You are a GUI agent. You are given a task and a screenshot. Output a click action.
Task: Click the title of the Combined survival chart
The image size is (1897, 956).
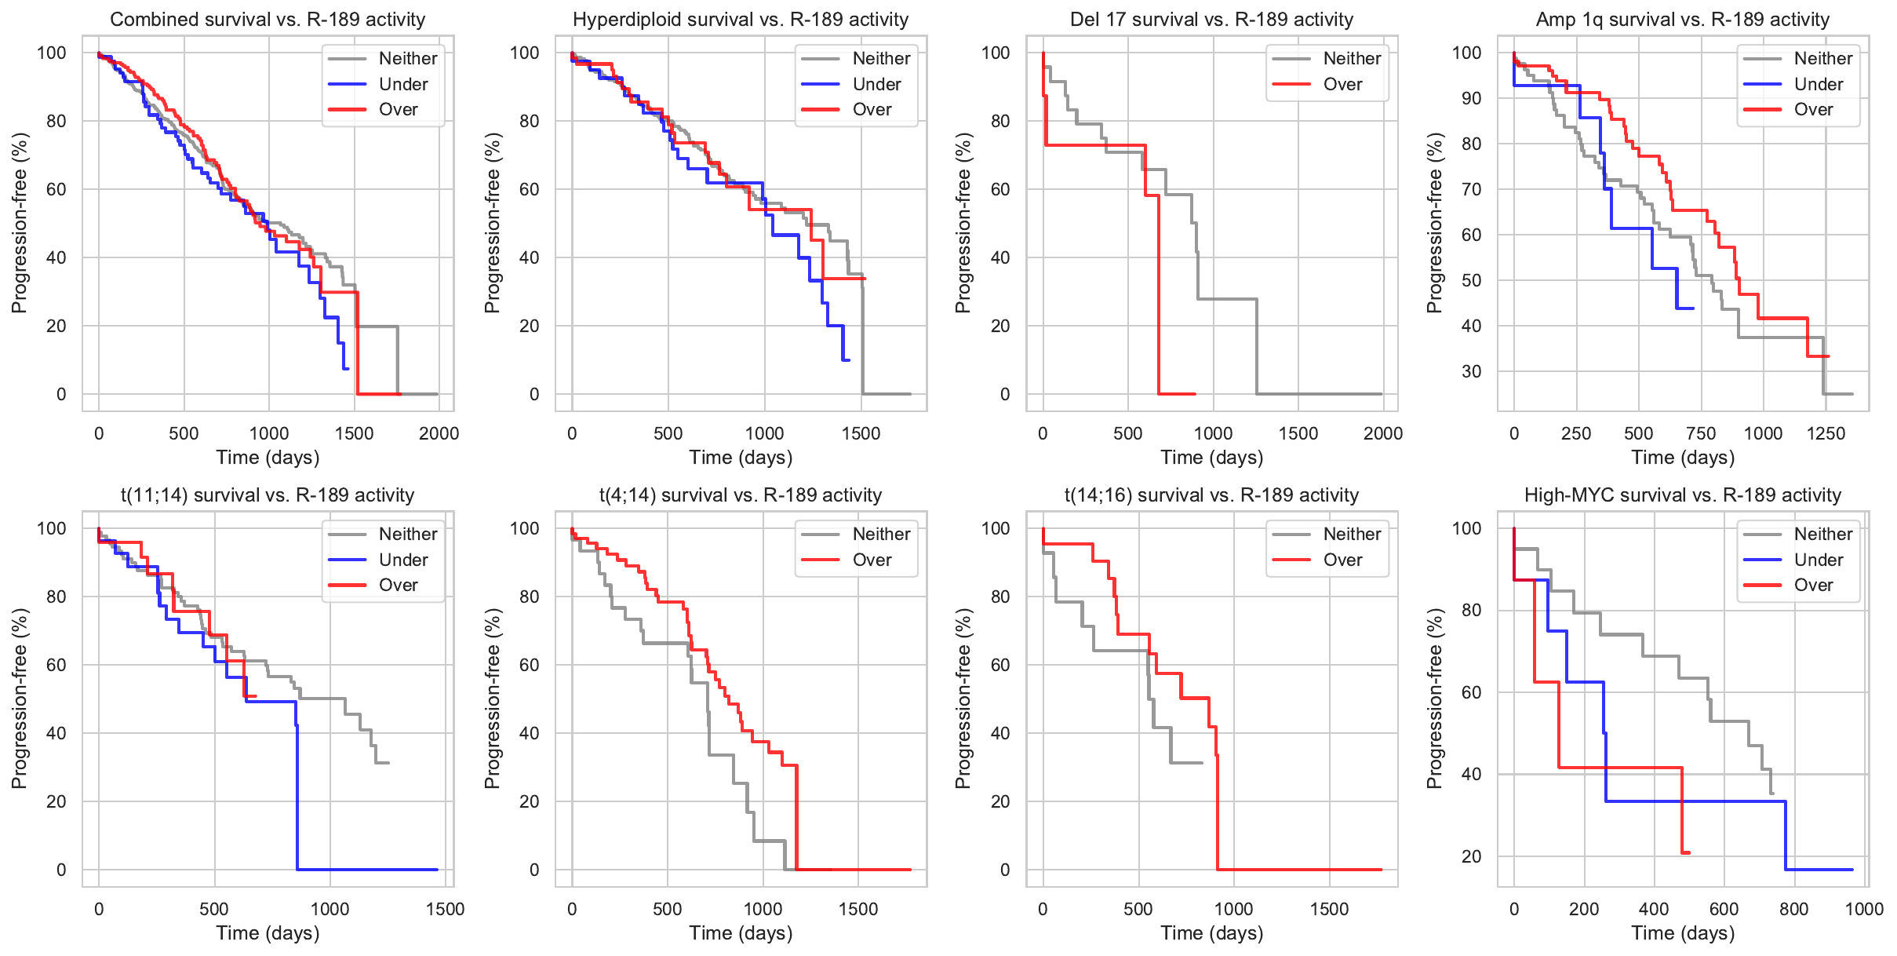[268, 20]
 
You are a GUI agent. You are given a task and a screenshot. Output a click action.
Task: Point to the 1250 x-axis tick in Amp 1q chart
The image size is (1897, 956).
[1826, 433]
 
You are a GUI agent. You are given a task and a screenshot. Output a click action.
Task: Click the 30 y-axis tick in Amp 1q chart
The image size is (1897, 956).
[1471, 371]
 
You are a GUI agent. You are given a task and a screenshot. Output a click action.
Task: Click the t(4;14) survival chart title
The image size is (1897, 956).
[740, 495]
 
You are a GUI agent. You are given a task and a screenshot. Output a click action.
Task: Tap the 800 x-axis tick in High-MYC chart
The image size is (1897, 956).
[1794, 909]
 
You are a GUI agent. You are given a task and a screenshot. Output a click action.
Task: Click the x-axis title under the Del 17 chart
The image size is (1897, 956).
[1211, 458]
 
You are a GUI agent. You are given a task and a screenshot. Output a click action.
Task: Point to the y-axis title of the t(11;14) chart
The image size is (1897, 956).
[20, 699]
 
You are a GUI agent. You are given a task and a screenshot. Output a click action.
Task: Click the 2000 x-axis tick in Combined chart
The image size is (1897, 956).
[439, 433]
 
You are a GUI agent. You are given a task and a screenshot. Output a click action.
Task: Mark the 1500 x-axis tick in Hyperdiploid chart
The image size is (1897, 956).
[861, 433]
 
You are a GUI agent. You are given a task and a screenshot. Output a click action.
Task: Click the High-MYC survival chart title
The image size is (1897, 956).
[1682, 495]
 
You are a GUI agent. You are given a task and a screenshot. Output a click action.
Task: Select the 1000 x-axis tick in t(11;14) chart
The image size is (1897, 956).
[330, 909]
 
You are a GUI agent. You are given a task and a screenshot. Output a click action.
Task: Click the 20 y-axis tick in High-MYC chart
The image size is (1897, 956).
[1471, 856]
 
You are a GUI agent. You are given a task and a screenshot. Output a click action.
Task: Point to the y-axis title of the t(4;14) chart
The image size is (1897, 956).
[492, 699]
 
